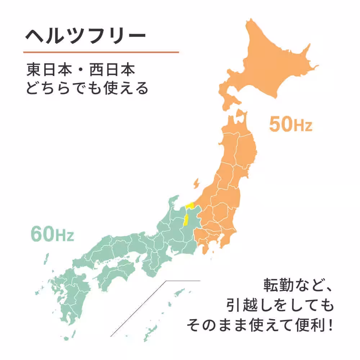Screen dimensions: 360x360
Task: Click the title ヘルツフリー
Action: [x=85, y=36]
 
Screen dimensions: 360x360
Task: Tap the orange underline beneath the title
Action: [x=101, y=52]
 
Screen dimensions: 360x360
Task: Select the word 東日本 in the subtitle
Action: [x=45, y=70]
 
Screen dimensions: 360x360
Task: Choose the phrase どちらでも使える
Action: [x=87, y=88]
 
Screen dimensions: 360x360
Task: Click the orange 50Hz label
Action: [x=290, y=125]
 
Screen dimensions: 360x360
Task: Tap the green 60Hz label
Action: [x=52, y=234]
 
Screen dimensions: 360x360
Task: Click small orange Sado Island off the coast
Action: [x=196, y=184]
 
